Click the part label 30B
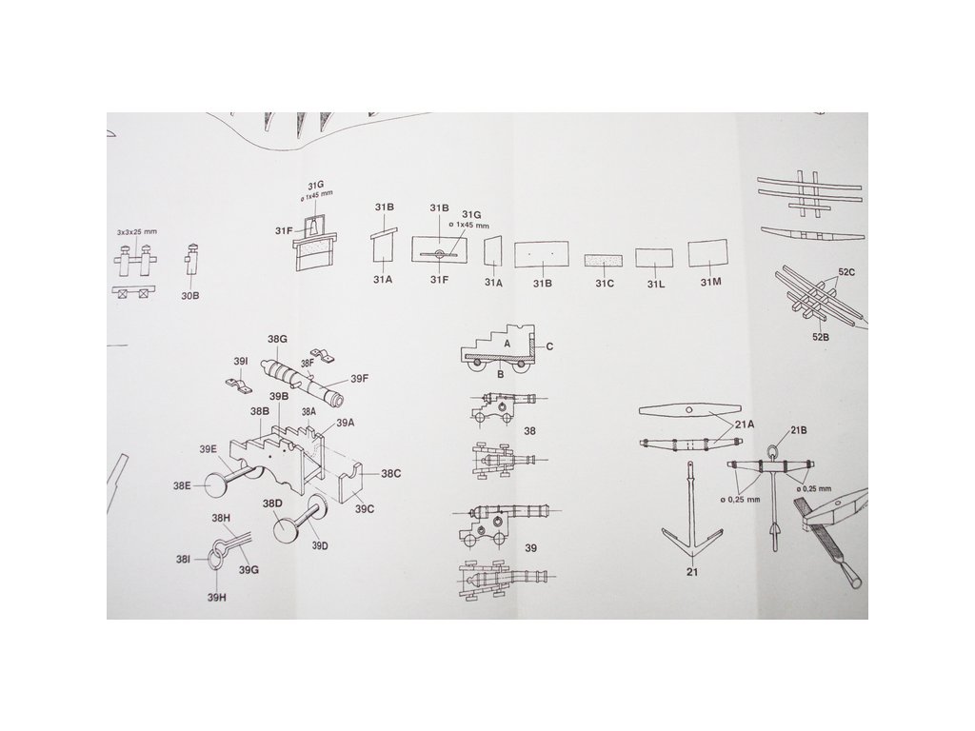tap(189, 296)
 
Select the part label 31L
tap(654, 282)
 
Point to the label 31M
tap(710, 282)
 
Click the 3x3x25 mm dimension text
tap(133, 232)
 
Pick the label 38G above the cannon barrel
tap(277, 340)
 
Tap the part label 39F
tap(359, 379)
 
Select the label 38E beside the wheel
tap(183, 485)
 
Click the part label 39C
tap(365, 509)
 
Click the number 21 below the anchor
tap(690, 573)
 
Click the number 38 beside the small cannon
tap(531, 430)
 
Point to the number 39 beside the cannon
tap(531, 548)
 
